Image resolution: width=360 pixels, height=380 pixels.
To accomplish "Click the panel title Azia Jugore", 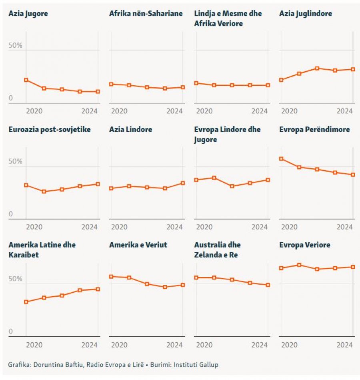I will pyautogui.click(x=28, y=14).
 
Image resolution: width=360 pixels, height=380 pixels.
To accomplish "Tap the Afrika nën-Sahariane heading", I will pyautogui.click(x=146, y=14).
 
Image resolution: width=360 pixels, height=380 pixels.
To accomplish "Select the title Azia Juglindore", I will pyautogui.click(x=305, y=14).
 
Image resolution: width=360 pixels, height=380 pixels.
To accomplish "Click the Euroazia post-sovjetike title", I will pyautogui.click(x=50, y=129).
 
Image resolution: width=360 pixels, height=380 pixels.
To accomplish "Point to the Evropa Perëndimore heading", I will pyautogui.click(x=314, y=129).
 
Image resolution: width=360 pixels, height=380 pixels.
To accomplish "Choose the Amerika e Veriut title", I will pyautogui.click(x=138, y=245).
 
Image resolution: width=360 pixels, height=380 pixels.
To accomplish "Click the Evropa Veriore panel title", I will pyautogui.click(x=304, y=245).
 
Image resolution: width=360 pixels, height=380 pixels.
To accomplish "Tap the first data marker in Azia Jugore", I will pyautogui.click(x=26, y=80).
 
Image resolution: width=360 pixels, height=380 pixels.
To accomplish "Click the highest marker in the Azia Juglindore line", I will pyautogui.click(x=317, y=68).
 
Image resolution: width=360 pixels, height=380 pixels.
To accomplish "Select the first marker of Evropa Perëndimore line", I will pyautogui.click(x=281, y=159).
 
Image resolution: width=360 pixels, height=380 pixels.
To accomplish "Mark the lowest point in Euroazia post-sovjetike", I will pyautogui.click(x=44, y=191).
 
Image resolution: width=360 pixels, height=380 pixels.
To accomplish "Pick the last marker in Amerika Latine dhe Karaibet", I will pyautogui.click(x=98, y=289).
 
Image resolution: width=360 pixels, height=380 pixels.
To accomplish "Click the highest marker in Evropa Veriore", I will pyautogui.click(x=299, y=265).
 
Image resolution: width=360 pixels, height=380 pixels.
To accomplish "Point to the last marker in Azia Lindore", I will pyautogui.click(x=183, y=183).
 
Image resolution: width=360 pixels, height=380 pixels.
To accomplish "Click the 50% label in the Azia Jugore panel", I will pyautogui.click(x=16, y=46).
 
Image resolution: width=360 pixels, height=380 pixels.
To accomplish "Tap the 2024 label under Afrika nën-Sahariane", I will pyautogui.click(x=174, y=111).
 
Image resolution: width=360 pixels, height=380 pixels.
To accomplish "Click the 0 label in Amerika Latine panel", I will pyautogui.click(x=11, y=332).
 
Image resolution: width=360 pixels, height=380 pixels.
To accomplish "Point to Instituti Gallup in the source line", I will pyautogui.click(x=199, y=365).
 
